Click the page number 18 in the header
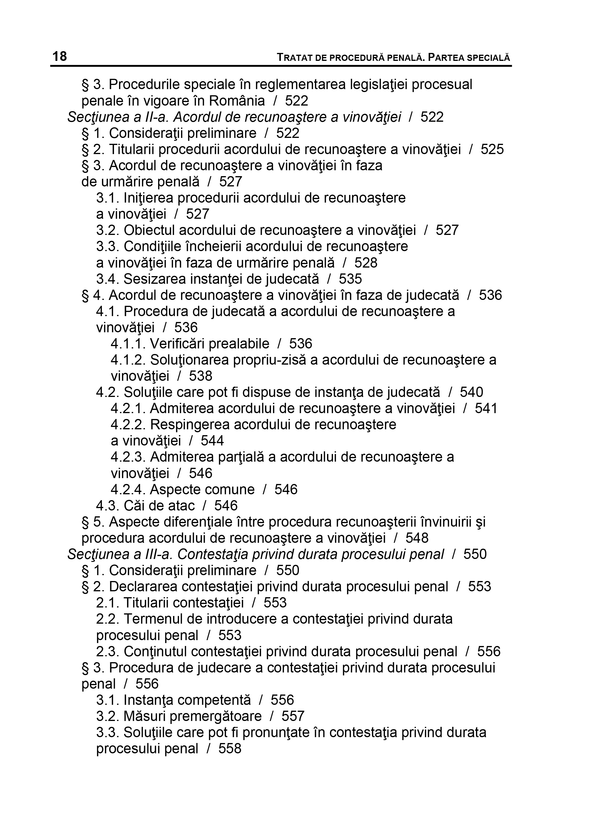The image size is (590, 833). (x=60, y=56)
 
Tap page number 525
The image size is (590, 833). (x=492, y=149)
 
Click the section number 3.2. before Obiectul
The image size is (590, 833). (x=108, y=230)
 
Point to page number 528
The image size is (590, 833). (x=366, y=263)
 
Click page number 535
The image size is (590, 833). (x=350, y=279)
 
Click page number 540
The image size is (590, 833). (x=472, y=392)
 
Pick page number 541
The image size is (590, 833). (x=486, y=408)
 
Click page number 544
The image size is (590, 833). (x=212, y=441)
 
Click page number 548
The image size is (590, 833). (x=417, y=538)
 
